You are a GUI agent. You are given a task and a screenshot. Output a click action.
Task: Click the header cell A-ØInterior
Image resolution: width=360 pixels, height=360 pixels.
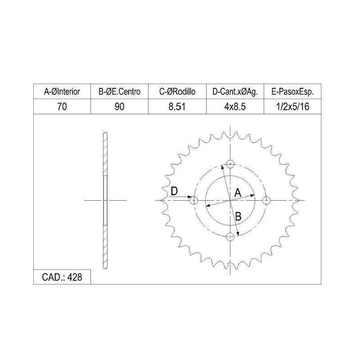pyautogui.click(x=62, y=92)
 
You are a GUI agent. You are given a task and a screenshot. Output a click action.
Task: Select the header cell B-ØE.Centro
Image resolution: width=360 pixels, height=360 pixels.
pyautogui.click(x=119, y=92)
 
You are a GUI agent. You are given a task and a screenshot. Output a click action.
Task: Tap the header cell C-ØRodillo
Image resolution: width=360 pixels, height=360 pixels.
pyautogui.click(x=177, y=92)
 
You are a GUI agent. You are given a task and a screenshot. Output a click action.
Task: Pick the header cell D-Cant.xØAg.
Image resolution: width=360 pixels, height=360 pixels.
pyautogui.click(x=234, y=92)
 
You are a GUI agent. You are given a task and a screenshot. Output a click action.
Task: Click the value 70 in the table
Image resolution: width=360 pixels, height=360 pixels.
pyautogui.click(x=62, y=107)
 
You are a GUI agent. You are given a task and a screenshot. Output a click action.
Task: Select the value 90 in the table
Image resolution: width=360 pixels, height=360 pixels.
pyautogui.click(x=119, y=107)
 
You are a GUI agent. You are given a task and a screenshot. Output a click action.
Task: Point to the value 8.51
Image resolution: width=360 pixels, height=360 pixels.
pyautogui.click(x=177, y=107)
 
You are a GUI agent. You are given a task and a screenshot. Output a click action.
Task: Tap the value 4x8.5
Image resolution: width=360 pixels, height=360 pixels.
pyautogui.click(x=234, y=107)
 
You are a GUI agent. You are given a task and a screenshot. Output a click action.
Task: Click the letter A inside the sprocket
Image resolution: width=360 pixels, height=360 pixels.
pyautogui.click(x=238, y=192)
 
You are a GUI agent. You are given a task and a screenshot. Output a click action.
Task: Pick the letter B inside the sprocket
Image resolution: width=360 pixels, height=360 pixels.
pyautogui.click(x=238, y=216)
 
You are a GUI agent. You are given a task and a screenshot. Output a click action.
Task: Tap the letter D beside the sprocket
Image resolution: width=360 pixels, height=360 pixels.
pyautogui.click(x=175, y=191)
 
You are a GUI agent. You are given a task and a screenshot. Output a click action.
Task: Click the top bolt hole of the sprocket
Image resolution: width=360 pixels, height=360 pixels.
pyautogui.click(x=231, y=164)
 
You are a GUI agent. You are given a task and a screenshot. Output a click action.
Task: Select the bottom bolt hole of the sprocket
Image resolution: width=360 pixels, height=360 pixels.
pyautogui.click(x=231, y=236)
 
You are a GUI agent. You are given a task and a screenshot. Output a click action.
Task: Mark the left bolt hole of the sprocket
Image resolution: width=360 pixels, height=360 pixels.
pyautogui.click(x=195, y=200)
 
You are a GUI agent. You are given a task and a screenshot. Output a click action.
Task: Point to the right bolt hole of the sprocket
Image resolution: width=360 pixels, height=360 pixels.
pyautogui.click(x=267, y=200)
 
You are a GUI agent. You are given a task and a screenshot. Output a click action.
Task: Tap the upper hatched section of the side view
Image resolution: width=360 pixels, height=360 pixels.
pyautogui.click(x=105, y=153)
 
